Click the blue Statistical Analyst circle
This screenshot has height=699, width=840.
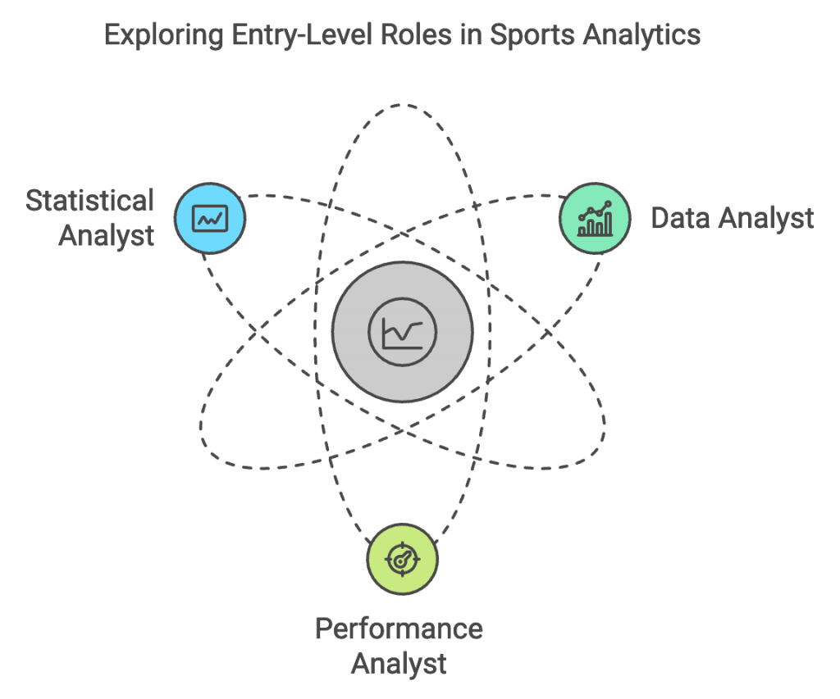(210, 219)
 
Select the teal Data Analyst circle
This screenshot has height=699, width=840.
(595, 219)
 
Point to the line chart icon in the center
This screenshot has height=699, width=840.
(403, 332)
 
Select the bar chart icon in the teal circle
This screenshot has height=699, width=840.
(595, 219)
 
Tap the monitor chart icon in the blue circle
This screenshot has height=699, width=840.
(210, 219)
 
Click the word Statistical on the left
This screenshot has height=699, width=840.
(89, 201)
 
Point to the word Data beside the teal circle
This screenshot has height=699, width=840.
(680, 218)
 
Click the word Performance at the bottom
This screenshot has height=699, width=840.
(399, 629)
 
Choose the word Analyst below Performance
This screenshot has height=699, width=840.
(399, 662)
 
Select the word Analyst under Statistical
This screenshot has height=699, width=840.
(107, 236)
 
